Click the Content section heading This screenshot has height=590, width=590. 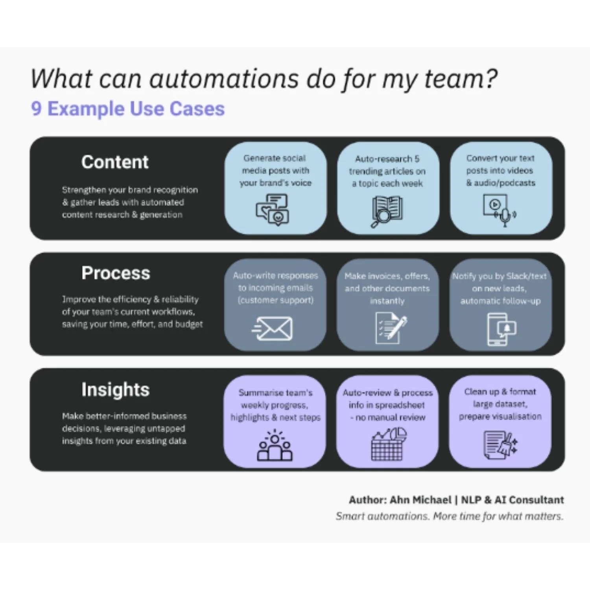pos(115,162)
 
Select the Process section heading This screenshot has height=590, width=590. pos(116,273)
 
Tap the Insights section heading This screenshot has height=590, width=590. pos(116,389)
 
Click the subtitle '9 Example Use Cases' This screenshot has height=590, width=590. pos(128,109)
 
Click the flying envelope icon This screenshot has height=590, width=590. pos(272,328)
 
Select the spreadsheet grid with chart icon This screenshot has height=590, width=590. pos(388,444)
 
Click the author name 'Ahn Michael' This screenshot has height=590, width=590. pos(420,500)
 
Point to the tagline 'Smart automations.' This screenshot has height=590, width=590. pos(382,516)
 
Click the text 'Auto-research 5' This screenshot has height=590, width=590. pos(387,159)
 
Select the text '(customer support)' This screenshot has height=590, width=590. pos(275,300)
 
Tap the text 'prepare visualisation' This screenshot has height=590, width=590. pos(500,416)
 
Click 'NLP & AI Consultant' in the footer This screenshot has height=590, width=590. pos(512,500)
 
